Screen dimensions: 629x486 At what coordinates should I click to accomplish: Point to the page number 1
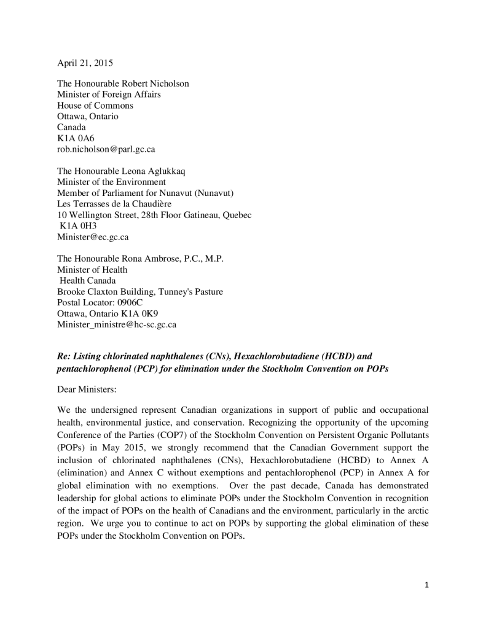click(426, 585)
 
